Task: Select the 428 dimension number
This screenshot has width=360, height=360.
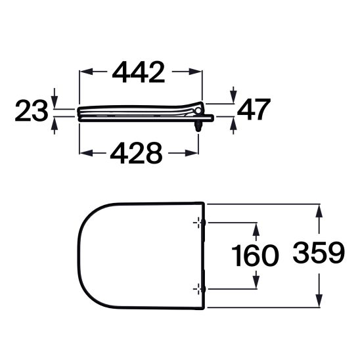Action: click(x=136, y=153)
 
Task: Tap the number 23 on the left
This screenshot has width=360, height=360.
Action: click(x=32, y=112)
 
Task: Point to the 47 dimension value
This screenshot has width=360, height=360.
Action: click(x=252, y=110)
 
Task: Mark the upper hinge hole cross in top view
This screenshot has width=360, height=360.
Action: click(x=197, y=223)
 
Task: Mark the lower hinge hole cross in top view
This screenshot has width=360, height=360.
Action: click(x=197, y=288)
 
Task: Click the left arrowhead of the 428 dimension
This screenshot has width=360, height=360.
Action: click(x=85, y=153)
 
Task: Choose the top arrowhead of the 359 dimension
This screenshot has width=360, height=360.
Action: click(x=320, y=210)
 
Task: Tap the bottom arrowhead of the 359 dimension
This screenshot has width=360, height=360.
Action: click(x=320, y=303)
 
